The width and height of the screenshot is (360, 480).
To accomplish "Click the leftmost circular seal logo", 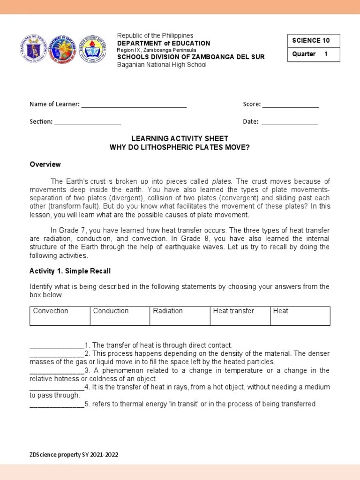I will click(34, 49).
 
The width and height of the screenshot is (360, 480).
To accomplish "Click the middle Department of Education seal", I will click(63, 49).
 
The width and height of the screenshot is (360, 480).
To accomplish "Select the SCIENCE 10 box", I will click(313, 41).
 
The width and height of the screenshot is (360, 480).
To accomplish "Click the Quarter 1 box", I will click(313, 54).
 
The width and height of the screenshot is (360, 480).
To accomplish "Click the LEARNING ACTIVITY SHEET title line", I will click(180, 139).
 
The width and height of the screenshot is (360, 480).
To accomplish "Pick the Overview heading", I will click(45, 165).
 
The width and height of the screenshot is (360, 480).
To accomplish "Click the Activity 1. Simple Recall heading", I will click(70, 271).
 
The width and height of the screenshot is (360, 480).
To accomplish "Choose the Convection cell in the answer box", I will click(60, 316).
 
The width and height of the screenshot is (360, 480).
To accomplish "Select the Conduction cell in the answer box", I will click(120, 316).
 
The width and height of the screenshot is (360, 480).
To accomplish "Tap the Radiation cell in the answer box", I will click(180, 316).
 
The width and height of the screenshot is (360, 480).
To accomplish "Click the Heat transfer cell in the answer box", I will click(240, 316).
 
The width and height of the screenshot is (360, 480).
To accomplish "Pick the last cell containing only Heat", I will click(300, 316).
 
